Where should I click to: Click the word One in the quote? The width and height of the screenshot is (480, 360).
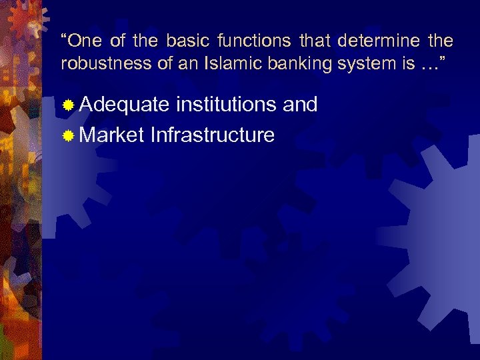[x=84, y=41]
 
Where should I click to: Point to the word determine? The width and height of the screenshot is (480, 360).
[x=379, y=41]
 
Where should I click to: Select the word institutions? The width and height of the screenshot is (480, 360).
[x=226, y=105]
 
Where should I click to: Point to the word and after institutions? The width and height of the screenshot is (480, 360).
[x=300, y=105]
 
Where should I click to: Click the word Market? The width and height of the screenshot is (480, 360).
[x=112, y=135]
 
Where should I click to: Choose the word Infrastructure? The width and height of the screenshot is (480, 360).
[x=213, y=135]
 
